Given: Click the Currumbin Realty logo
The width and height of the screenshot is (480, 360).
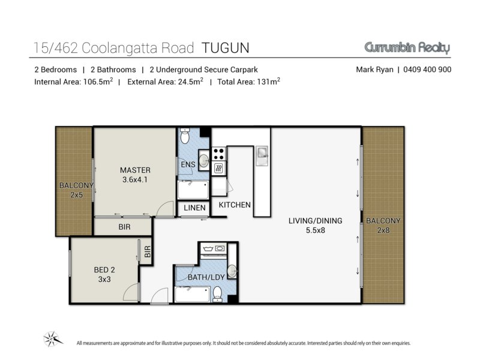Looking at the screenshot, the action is point(407,48).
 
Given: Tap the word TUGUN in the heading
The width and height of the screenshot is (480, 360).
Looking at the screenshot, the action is point(226,48).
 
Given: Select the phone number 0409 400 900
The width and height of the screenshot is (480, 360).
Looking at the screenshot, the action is point(427,70).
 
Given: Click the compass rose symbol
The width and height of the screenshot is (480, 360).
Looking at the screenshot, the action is point(53,339).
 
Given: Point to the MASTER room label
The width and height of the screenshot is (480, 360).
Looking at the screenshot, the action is point(135,170).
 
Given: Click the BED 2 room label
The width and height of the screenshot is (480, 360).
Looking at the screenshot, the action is point(104,269).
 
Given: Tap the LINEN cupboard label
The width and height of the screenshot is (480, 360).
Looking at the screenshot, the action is point(194,208).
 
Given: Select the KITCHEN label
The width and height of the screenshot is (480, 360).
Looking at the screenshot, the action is point(235,205).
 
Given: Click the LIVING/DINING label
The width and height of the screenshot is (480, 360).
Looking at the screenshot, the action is point(316,221).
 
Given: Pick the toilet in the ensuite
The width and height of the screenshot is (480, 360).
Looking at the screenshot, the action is point(185,136).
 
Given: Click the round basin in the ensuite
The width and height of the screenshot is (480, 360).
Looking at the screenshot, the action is point(203,160).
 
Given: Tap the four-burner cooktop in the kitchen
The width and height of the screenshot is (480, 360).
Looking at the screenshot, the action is point(218,154).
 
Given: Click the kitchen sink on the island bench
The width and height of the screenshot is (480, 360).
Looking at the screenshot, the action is point(262,152).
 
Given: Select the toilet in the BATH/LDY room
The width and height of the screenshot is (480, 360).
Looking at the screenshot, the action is point(217,293).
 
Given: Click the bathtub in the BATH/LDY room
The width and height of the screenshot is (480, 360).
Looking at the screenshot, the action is point(193,294).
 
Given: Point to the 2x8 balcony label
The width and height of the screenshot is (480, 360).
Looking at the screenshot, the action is point(383,230).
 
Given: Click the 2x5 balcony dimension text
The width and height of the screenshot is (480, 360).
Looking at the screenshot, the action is point(77,195).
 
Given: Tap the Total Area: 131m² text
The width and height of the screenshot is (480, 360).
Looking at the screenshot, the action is point(248,82).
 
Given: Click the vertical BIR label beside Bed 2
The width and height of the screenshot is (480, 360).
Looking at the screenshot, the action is point(148,251).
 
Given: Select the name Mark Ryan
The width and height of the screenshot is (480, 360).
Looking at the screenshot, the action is point(374,70).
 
